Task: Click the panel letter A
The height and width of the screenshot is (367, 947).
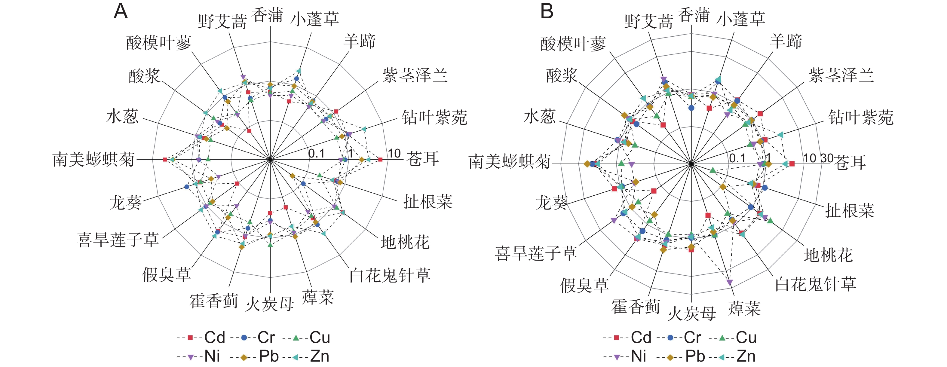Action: coord(121,12)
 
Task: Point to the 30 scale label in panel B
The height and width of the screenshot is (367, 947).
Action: coord(827,158)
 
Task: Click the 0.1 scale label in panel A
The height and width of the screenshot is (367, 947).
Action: coord(316,153)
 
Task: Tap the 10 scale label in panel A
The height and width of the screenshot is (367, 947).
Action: coord(394,153)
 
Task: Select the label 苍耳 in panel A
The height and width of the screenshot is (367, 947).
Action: coord(422,159)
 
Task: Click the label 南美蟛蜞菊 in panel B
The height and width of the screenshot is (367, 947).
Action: coord(510,161)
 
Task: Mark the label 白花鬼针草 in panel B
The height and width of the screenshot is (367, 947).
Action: coord(815,284)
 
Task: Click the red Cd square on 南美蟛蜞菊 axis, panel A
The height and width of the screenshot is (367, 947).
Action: coord(165,159)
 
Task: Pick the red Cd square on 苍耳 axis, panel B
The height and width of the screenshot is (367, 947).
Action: coord(792,164)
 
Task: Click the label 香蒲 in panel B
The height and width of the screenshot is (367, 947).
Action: coord(693,15)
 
